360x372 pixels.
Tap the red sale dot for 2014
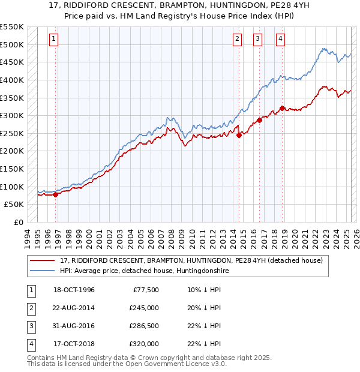click(x=239, y=135)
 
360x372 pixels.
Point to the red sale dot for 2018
click(x=281, y=109)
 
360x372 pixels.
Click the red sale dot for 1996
click(x=55, y=194)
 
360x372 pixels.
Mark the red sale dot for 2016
click(x=260, y=120)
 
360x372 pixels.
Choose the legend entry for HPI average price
click(x=144, y=271)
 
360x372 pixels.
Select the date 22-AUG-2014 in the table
click(x=74, y=308)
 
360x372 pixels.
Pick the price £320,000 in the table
click(x=144, y=344)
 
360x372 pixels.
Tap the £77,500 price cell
click(x=146, y=290)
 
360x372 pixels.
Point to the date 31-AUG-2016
click(x=74, y=326)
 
